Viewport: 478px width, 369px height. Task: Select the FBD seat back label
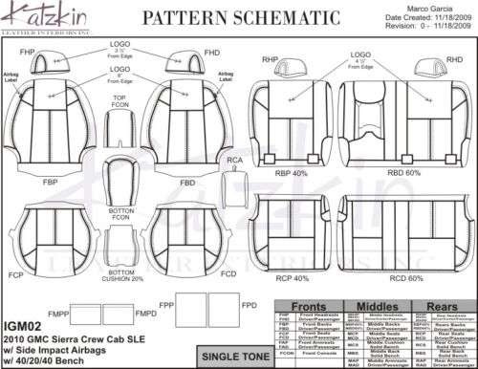[x=187, y=181]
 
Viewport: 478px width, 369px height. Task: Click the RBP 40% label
[x=291, y=174]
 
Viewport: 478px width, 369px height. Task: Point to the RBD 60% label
[x=404, y=174]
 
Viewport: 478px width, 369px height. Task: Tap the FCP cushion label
[x=15, y=273]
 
